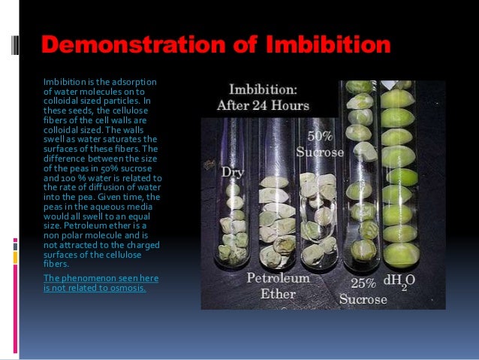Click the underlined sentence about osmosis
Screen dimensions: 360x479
(100, 283)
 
